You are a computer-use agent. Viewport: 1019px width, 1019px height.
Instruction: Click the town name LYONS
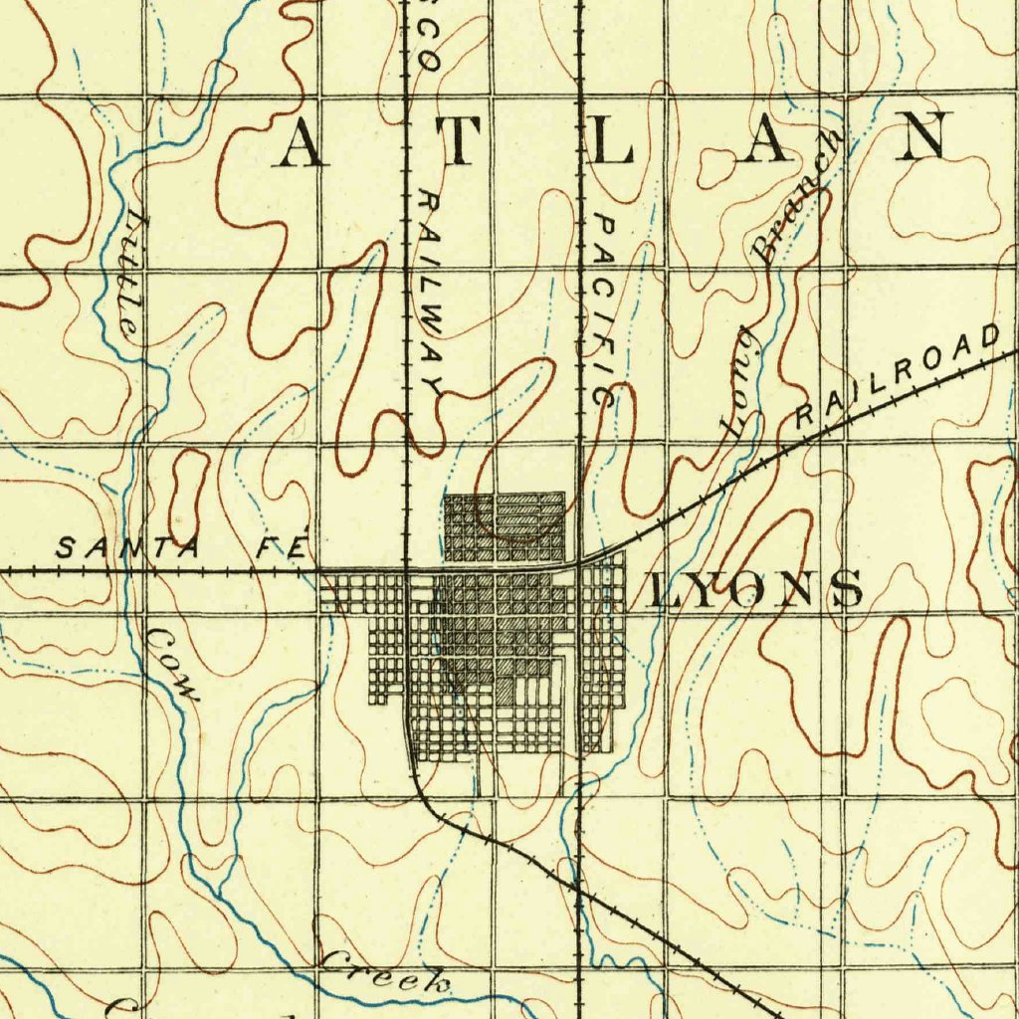(x=755, y=589)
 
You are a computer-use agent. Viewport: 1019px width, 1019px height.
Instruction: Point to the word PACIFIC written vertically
(x=603, y=308)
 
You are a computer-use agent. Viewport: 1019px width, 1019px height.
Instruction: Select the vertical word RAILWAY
(x=431, y=294)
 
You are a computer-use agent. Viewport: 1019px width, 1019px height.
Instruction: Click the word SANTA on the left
(x=129, y=546)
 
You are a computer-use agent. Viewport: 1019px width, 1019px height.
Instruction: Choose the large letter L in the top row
(x=613, y=140)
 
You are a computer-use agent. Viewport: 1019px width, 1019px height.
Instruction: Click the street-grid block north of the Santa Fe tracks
(x=505, y=527)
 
